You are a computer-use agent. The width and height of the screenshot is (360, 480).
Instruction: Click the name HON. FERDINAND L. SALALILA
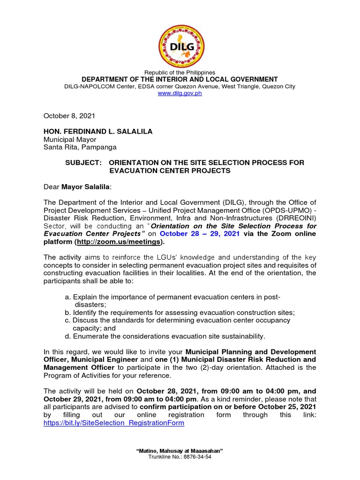click(x=98, y=132)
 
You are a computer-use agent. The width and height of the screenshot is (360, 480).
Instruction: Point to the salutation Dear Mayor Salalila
click(x=78, y=187)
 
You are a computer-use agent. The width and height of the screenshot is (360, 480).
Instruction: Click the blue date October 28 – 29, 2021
click(x=200, y=233)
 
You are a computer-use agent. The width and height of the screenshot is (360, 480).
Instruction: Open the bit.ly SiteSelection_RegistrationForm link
click(x=114, y=423)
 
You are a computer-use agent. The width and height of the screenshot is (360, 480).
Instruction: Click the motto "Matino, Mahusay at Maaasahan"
click(x=180, y=450)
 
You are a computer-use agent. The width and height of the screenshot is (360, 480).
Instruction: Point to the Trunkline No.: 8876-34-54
click(x=180, y=457)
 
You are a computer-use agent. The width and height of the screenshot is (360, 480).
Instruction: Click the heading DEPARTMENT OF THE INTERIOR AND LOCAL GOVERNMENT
click(x=180, y=79)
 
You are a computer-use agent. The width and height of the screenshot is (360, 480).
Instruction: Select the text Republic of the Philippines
click(x=180, y=73)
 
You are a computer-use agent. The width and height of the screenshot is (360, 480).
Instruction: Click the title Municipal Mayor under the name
click(x=70, y=140)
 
